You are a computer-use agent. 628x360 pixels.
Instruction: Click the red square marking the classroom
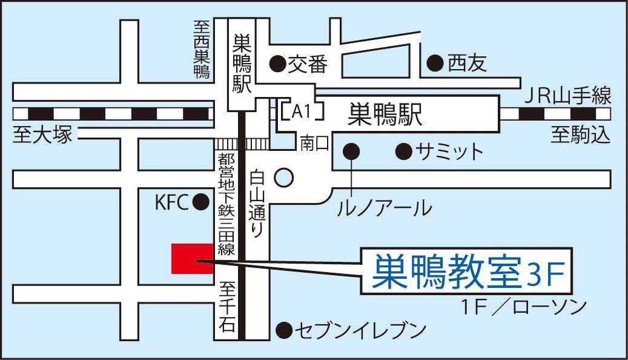[192, 259]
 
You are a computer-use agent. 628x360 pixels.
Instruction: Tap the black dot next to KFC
[200, 201]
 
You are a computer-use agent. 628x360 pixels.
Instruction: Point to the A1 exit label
[301, 112]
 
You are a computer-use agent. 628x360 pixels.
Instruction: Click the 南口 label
[314, 143]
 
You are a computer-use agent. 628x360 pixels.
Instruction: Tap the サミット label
[449, 152]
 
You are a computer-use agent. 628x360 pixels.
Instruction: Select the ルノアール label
[385, 208]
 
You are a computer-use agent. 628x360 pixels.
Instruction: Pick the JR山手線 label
[567, 96]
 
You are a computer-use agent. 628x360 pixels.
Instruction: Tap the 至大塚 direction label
[42, 135]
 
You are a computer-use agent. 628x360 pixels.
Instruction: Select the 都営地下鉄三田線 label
[226, 204]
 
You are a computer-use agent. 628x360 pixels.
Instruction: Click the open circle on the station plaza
[284, 178]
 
